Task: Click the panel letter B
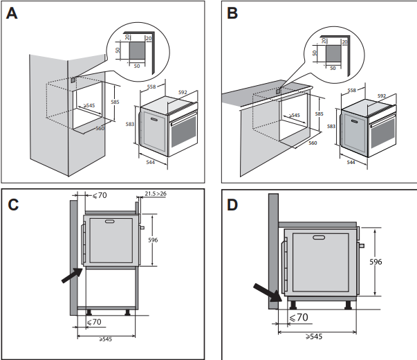click(x=232, y=14)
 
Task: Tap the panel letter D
click(x=232, y=206)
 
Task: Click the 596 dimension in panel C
click(x=154, y=240)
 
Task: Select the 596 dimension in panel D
click(x=393, y=262)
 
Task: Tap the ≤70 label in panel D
click(x=298, y=318)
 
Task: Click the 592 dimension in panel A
click(x=183, y=91)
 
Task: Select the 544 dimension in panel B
click(x=350, y=162)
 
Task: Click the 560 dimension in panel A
click(x=100, y=129)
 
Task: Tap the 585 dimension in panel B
click(x=319, y=114)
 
